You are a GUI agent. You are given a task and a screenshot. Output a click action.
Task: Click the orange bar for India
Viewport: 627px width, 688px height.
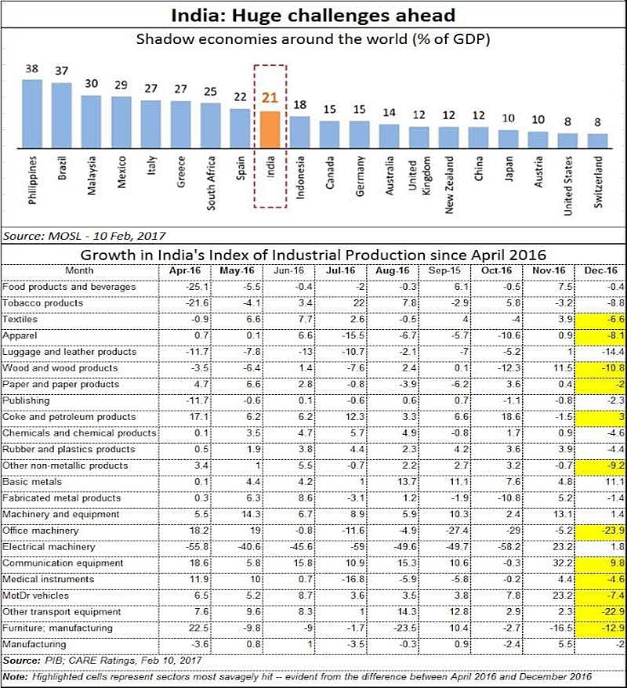(270, 129)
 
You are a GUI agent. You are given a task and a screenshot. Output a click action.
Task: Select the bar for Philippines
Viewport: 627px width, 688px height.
(32, 113)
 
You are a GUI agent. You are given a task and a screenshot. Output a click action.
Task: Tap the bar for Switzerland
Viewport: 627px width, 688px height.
(597, 140)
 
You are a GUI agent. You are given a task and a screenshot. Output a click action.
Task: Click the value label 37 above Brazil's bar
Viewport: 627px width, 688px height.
(61, 71)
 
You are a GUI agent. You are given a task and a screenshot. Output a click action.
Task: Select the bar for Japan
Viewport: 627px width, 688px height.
(509, 139)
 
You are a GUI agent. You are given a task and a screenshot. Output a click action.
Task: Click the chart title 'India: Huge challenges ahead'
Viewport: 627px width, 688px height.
(313, 14)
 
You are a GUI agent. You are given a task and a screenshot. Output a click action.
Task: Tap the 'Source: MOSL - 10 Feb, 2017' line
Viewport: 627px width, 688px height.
(85, 235)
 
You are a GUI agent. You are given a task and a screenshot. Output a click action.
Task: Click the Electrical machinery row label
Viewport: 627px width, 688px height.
(49, 546)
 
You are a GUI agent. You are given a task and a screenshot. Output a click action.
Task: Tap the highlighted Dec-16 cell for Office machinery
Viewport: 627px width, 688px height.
(599, 530)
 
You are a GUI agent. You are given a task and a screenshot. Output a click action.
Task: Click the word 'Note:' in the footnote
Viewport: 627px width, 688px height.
(15, 676)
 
